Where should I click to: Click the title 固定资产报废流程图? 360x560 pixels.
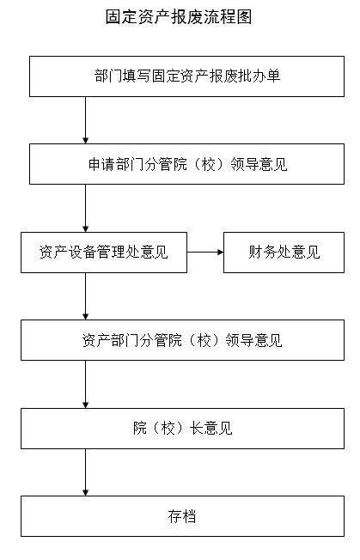(x=179, y=17)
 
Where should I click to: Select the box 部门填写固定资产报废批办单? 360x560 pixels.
(x=186, y=76)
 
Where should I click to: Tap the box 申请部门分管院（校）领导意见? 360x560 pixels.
(x=186, y=164)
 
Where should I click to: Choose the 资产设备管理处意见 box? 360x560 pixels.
(x=104, y=253)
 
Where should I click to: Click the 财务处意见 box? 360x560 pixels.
(x=284, y=253)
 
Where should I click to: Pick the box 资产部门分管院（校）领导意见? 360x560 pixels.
(x=182, y=340)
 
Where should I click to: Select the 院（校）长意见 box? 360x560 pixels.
(x=182, y=429)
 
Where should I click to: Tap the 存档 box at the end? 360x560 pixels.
(x=182, y=516)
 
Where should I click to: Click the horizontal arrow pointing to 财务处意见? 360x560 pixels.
(x=205, y=253)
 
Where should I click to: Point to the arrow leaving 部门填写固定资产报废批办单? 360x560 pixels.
(x=85, y=120)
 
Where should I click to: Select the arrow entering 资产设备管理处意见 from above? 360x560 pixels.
(x=85, y=208)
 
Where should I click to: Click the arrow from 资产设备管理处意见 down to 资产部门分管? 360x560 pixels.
(x=85, y=296)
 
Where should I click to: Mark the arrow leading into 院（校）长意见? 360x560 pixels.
(x=85, y=384)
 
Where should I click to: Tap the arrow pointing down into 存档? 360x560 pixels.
(x=85, y=472)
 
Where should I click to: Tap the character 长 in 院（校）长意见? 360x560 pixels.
(x=197, y=429)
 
